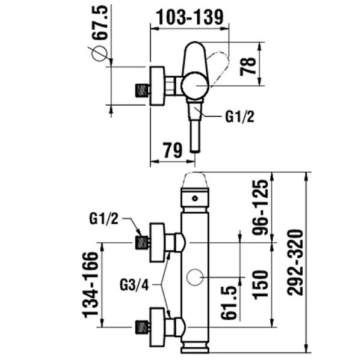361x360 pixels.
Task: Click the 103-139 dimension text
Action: coord(190,17)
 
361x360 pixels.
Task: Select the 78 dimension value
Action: coord(248,66)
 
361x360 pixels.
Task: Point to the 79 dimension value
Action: coord(173,150)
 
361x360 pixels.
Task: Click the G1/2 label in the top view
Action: coord(239,117)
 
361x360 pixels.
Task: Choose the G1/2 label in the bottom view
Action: coord(103,219)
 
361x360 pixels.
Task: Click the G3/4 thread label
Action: coord(134,285)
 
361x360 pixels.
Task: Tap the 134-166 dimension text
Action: coord(90,285)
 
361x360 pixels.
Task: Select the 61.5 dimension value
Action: coord(229,302)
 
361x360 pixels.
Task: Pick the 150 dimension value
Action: coord(261,285)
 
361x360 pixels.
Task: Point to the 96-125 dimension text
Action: coord(260,207)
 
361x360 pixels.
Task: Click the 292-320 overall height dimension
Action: coord(295,263)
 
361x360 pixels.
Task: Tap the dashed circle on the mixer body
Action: coord(195,269)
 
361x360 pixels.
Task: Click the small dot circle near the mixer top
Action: coord(195,198)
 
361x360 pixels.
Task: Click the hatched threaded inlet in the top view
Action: coord(141,90)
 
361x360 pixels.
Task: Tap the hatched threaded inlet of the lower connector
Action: coord(141,327)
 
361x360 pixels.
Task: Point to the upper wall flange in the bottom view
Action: coord(158,242)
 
